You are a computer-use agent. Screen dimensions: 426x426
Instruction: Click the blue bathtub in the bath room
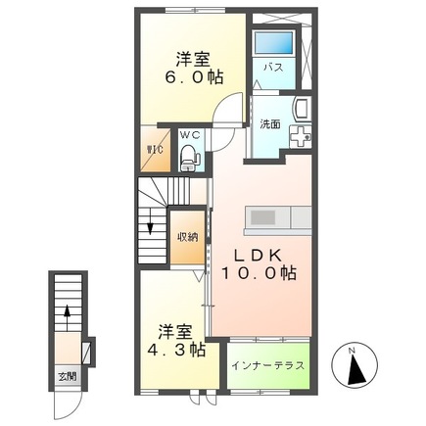[273, 43]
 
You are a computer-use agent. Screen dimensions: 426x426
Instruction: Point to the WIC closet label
[155, 150]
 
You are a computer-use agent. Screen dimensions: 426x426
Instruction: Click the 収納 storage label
[187, 236]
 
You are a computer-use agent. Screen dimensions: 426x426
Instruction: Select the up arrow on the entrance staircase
[66, 316]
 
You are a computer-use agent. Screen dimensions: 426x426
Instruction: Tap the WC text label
[189, 134]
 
